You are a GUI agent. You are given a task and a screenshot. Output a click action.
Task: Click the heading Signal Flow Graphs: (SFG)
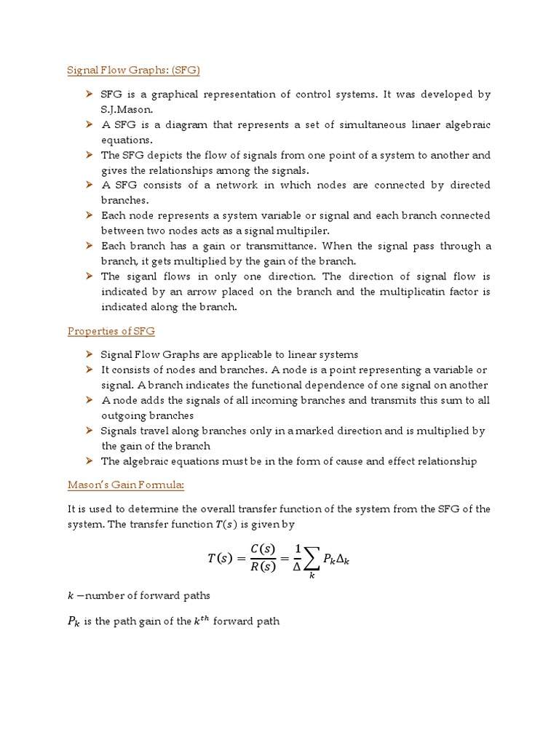(x=133, y=70)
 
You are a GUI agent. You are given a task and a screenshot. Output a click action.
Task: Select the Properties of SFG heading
(x=111, y=331)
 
